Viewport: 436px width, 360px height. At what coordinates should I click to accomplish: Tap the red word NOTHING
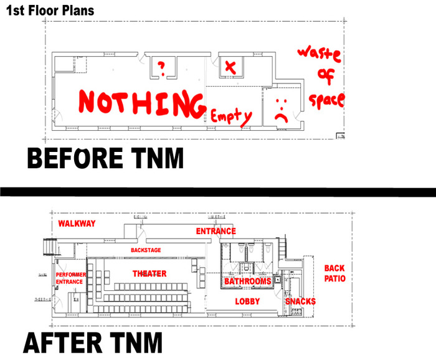142,103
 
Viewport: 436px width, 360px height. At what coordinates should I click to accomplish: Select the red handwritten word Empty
230,116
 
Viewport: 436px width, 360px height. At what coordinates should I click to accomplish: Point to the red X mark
230,67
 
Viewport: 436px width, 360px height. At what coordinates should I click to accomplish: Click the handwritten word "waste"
318,54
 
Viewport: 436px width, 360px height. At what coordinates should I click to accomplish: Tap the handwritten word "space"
326,100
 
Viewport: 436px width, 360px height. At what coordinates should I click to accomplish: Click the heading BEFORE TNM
105,157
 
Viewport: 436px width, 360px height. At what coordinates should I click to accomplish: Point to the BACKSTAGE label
146,250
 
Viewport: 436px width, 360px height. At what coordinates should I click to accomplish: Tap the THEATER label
149,273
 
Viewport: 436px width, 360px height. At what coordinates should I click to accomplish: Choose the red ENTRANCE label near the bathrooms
216,231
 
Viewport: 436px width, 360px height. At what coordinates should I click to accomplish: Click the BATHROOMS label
248,282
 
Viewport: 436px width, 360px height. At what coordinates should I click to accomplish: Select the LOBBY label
247,301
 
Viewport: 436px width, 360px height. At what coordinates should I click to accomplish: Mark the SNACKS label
300,301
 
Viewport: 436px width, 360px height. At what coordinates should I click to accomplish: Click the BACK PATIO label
334,273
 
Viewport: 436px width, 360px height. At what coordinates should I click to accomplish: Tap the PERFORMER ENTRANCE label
70,278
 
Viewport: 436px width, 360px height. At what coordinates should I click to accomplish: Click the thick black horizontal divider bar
218,189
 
